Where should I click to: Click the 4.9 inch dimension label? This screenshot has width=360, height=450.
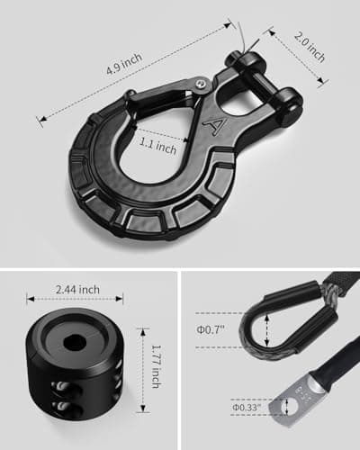click(x=124, y=64)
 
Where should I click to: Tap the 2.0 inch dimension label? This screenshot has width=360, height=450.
click(x=310, y=47)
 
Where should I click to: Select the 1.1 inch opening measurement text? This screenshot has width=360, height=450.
click(x=158, y=146)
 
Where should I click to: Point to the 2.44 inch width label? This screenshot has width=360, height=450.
click(x=77, y=290)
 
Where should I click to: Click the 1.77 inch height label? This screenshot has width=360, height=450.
click(x=157, y=366)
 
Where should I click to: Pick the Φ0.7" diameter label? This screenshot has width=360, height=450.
click(x=211, y=329)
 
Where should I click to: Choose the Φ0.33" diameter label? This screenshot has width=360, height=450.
click(x=247, y=408)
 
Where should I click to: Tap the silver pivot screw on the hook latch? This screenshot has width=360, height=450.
click(x=202, y=85)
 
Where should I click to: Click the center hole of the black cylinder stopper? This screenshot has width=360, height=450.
click(x=75, y=342)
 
